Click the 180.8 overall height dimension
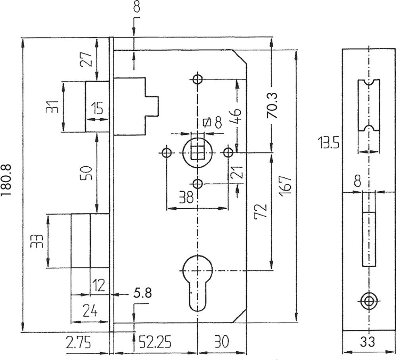[x=6, y=180]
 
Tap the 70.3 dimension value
[x=272, y=106]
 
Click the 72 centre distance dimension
[x=262, y=210]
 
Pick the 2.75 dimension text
[x=78, y=342]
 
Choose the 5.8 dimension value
[x=142, y=293]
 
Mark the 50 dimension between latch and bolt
[x=86, y=173]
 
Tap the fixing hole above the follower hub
[x=197, y=79]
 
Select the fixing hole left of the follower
[x=167, y=153]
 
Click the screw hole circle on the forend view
[x=369, y=301]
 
